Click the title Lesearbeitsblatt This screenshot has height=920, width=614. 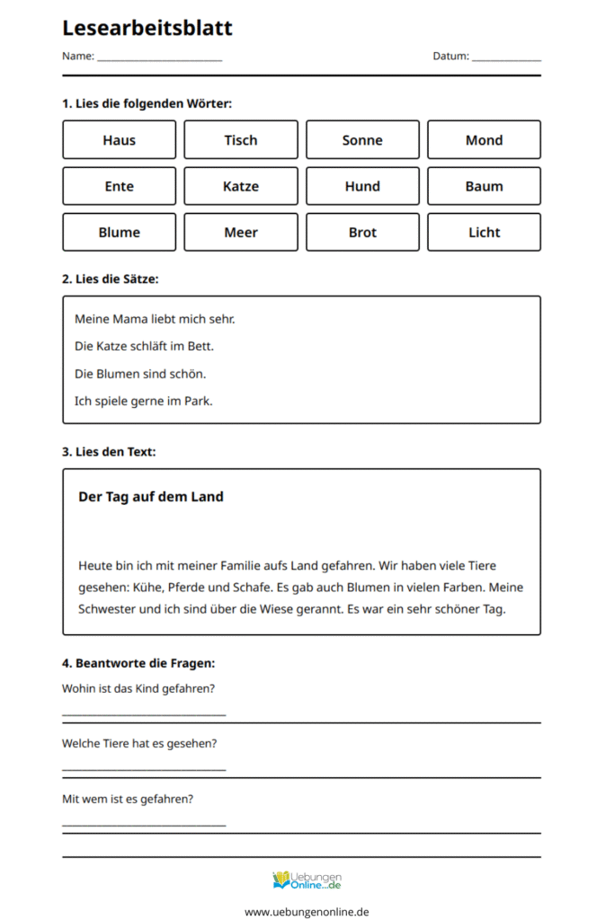pyautogui.click(x=147, y=28)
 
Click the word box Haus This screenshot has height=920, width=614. pyautogui.click(x=120, y=140)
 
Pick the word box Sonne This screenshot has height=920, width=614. pyautogui.click(x=362, y=140)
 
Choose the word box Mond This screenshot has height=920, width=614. pyautogui.click(x=484, y=140)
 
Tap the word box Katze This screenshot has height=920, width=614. pyautogui.click(x=241, y=186)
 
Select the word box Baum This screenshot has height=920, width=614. pyautogui.click(x=484, y=186)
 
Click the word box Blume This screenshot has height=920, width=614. pyautogui.click(x=120, y=232)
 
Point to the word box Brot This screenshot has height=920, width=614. pyautogui.click(x=362, y=232)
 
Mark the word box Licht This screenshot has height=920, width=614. pyautogui.click(x=484, y=232)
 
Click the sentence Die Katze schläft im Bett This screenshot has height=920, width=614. pyautogui.click(x=144, y=346)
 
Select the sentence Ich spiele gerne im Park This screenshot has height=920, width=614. pyautogui.click(x=143, y=401)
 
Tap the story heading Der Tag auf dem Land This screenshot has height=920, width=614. pyautogui.click(x=151, y=497)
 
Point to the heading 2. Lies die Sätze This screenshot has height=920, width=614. pyautogui.click(x=110, y=279)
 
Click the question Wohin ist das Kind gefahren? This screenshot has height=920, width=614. pyautogui.click(x=138, y=689)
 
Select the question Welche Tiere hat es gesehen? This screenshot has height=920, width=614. pyautogui.click(x=139, y=744)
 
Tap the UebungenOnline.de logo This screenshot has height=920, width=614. pyautogui.click(x=307, y=880)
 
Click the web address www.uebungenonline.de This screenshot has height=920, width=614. pyautogui.click(x=307, y=911)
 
